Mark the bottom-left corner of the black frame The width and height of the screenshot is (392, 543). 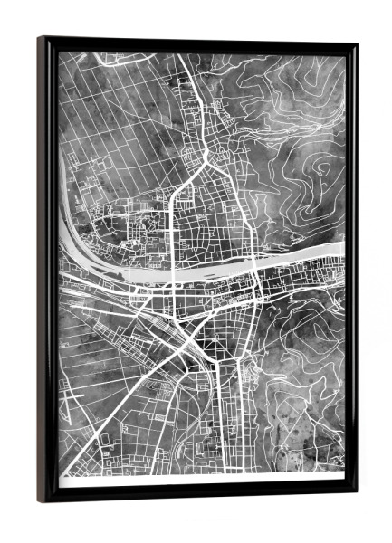tap(41, 500)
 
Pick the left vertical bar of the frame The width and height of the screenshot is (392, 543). tap(47, 271)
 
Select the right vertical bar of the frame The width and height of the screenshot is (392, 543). tap(350, 271)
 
